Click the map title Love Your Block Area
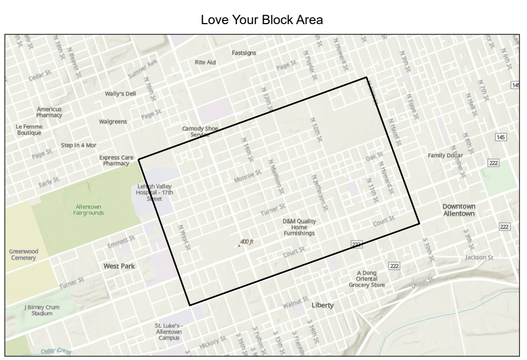point(263,21)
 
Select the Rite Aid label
point(205,62)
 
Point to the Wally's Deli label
point(120,93)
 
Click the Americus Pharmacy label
point(49,112)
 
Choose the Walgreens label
point(113,121)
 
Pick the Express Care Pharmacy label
point(114,160)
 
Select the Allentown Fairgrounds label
point(88,209)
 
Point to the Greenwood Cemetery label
point(23,254)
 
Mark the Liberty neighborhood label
point(323,305)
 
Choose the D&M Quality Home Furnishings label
point(299,227)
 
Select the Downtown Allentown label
point(459,210)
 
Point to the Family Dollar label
point(445,156)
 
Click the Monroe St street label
point(248,176)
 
